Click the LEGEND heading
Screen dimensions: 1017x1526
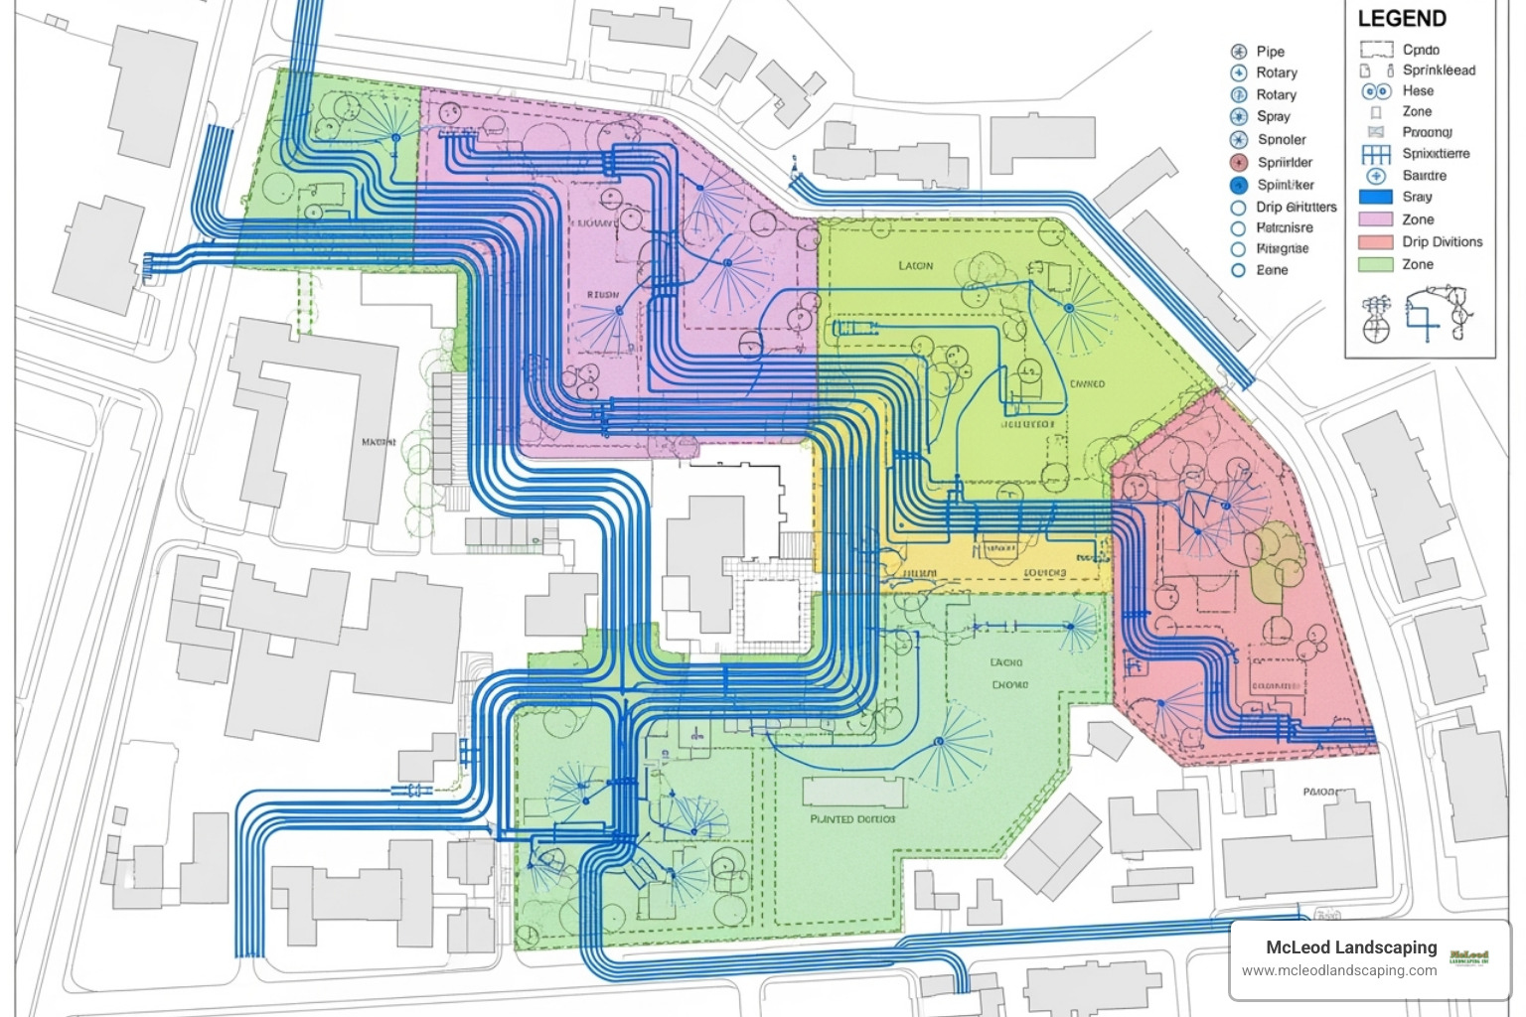click(1402, 19)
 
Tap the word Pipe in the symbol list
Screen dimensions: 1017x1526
click(1270, 52)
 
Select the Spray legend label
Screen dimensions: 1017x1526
click(1273, 116)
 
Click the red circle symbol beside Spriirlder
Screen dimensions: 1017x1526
click(1238, 162)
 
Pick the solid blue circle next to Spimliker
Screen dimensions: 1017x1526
click(1238, 185)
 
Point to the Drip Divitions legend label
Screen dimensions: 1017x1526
click(1442, 241)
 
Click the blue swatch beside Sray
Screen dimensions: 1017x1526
click(1376, 197)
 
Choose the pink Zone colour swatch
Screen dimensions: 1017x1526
click(1376, 219)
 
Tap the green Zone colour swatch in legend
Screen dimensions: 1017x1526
click(1376, 264)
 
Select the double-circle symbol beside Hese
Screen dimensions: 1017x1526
click(1376, 91)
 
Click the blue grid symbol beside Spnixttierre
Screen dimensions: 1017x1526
click(1376, 154)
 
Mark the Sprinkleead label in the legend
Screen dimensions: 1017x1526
click(1439, 71)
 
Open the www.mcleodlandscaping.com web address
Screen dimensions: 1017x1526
click(1339, 970)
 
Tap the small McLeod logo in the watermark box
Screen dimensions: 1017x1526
click(1469, 956)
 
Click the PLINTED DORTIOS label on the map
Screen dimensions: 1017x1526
click(852, 819)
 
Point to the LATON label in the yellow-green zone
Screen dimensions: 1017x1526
click(915, 266)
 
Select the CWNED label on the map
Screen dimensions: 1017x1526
click(1087, 383)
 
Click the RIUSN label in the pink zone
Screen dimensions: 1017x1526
click(602, 295)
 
